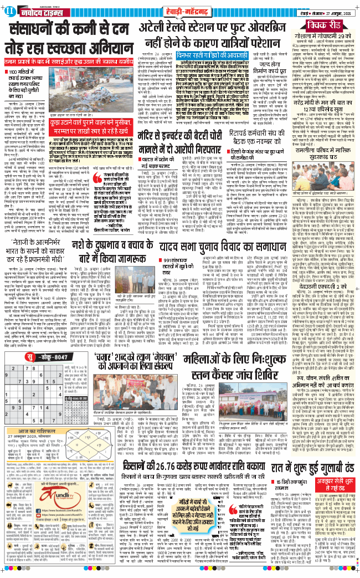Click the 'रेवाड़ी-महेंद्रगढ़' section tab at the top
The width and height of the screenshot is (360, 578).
[x=179, y=12]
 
